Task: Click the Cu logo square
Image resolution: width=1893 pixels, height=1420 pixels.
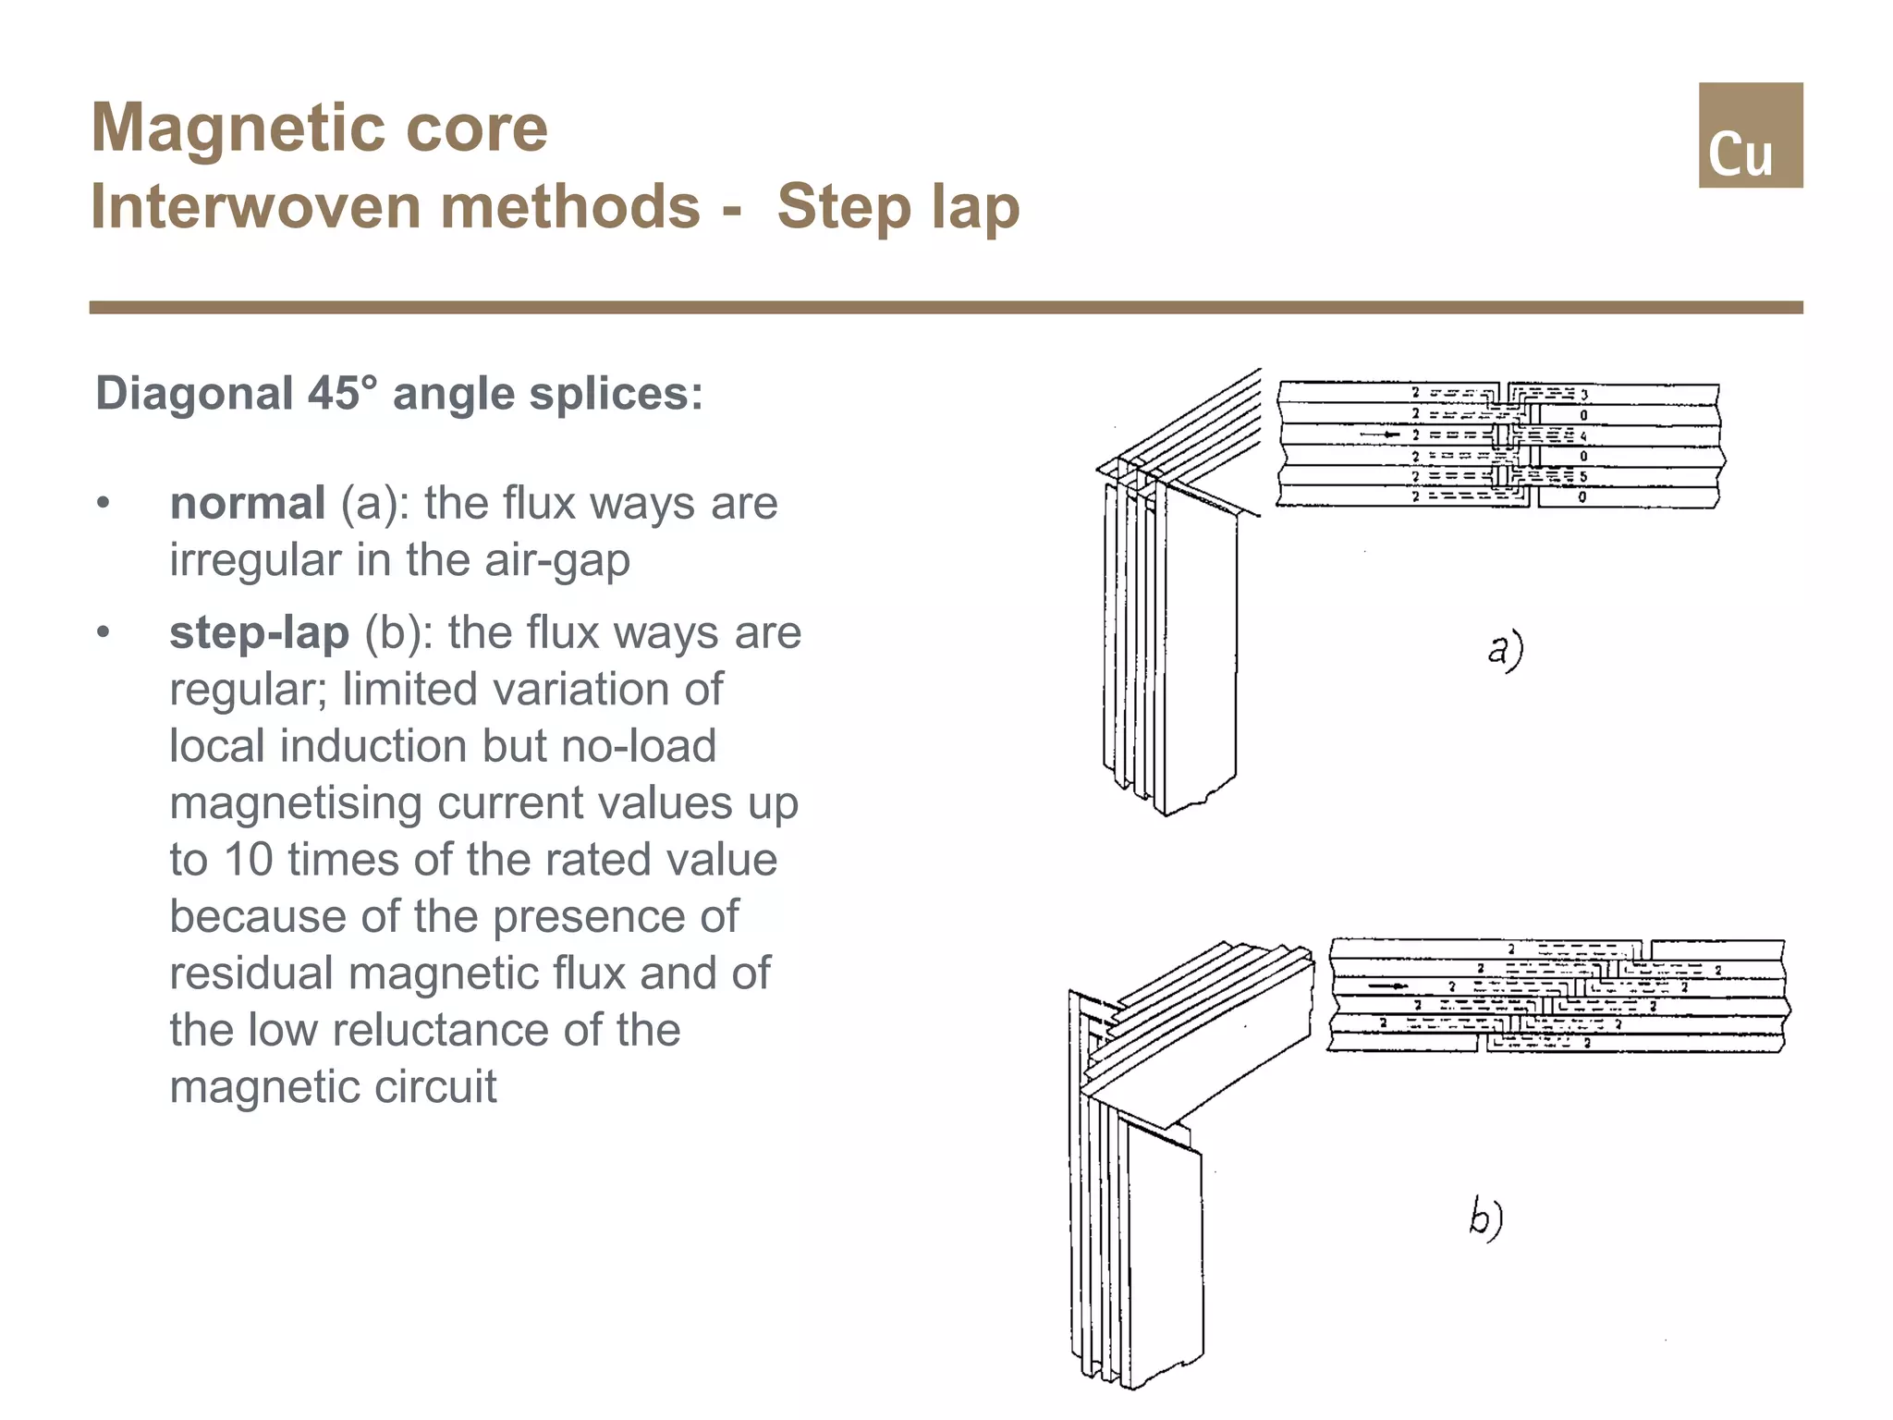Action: (x=1750, y=135)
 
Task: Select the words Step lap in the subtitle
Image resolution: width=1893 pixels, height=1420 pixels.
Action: (x=898, y=206)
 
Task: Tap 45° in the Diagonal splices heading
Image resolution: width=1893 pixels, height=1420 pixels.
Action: (x=343, y=393)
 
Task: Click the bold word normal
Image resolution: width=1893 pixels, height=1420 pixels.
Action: (x=247, y=503)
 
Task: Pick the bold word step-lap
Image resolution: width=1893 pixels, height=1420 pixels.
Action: (x=259, y=632)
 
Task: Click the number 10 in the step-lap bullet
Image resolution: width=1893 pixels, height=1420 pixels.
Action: (x=249, y=859)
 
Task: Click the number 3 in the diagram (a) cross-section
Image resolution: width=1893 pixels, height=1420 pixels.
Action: (x=1584, y=395)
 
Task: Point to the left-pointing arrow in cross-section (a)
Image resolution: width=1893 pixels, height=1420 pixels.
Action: (x=1381, y=435)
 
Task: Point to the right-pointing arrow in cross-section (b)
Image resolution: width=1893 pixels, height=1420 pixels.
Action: (x=1388, y=986)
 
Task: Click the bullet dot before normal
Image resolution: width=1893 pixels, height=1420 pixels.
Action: (x=104, y=504)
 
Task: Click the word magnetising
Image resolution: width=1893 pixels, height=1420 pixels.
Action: (x=296, y=802)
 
